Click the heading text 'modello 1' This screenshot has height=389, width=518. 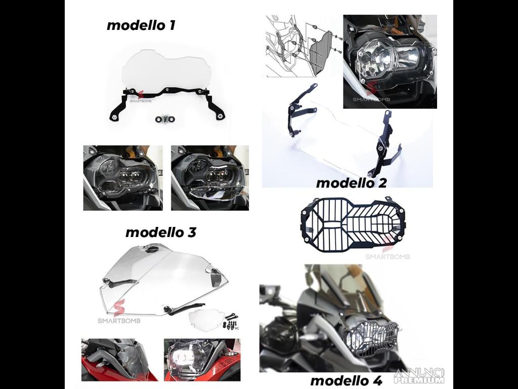pyautogui.click(x=141, y=25)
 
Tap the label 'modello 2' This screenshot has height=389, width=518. pyautogui.click(x=351, y=183)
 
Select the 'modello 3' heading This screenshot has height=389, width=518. pyautogui.click(x=160, y=232)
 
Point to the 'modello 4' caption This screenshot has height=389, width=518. pyautogui.click(x=346, y=380)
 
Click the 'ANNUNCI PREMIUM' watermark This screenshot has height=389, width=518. pyautogui.click(x=420, y=376)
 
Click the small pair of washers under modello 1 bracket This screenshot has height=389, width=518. pyautogui.click(x=165, y=120)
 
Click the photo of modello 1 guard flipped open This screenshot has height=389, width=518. pyautogui.click(x=210, y=178)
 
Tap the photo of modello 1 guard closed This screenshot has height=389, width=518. pyautogui.click(x=123, y=178)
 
